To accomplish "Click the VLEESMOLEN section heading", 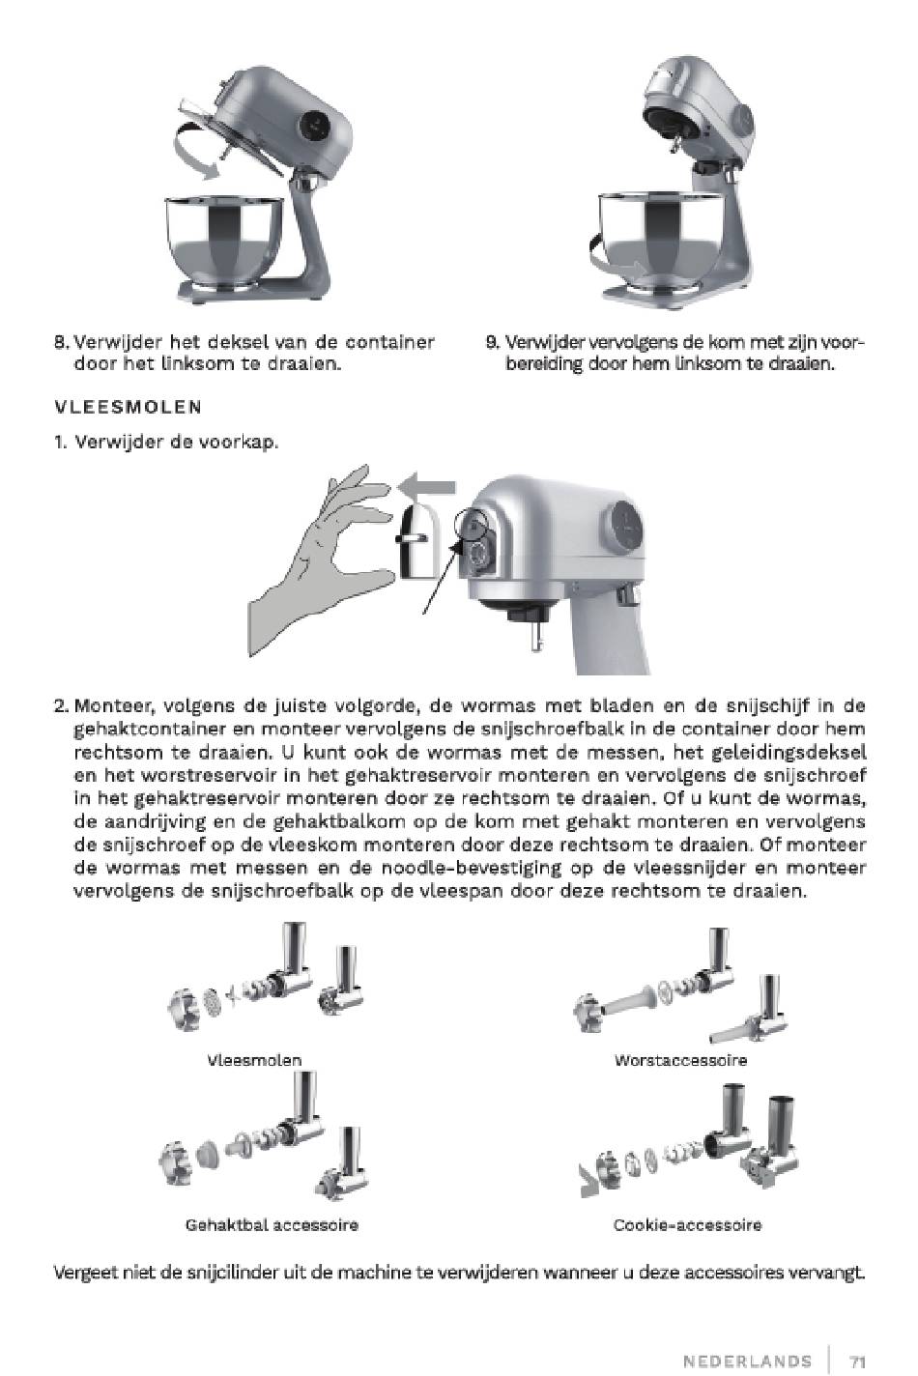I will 128,407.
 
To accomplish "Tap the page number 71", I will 857,1362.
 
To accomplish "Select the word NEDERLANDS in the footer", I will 747,1362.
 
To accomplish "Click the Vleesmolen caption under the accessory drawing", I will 254,1060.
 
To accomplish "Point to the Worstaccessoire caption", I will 680,1060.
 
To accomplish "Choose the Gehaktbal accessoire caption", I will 272,1225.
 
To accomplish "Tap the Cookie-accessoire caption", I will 687,1225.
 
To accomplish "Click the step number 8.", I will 61,343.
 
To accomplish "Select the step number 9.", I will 492,343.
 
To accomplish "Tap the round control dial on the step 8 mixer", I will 314,125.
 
